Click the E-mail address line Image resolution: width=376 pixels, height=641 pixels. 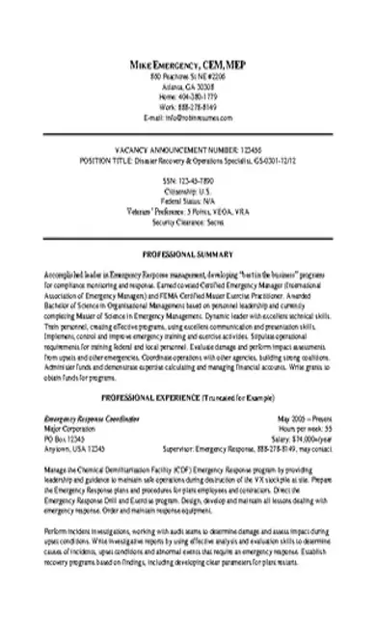coord(187,118)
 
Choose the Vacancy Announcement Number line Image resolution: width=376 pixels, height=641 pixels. coord(187,152)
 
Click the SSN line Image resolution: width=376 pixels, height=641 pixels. coord(187,180)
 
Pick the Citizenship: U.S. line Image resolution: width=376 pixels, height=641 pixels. coord(187,191)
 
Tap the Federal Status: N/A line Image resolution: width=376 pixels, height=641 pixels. coord(187,200)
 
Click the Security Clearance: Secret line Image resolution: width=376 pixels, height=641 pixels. coord(187,221)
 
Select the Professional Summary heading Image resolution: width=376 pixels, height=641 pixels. coord(187,254)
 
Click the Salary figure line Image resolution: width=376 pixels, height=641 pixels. coord(305,412)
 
